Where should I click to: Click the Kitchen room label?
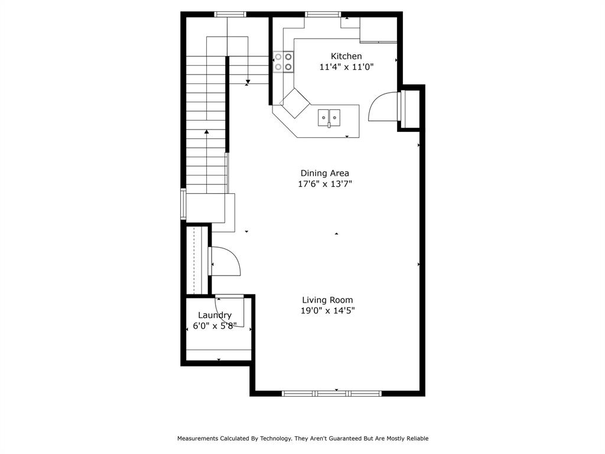click(x=346, y=56)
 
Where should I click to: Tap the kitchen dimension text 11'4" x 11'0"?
click(x=346, y=67)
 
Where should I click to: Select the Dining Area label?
click(x=324, y=173)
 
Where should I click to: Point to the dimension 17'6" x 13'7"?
click(x=324, y=184)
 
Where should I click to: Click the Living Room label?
click(x=327, y=300)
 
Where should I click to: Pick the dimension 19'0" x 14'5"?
click(x=327, y=310)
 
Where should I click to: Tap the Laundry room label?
click(x=214, y=315)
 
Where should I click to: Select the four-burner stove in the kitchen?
click(x=283, y=62)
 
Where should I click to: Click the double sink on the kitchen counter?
click(x=329, y=118)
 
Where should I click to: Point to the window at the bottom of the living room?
click(x=331, y=393)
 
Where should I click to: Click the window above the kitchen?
click(x=323, y=14)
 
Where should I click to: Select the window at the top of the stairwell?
click(x=230, y=14)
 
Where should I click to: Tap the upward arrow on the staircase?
click(x=207, y=132)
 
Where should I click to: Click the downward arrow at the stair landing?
click(x=248, y=80)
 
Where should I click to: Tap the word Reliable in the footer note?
click(x=415, y=439)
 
